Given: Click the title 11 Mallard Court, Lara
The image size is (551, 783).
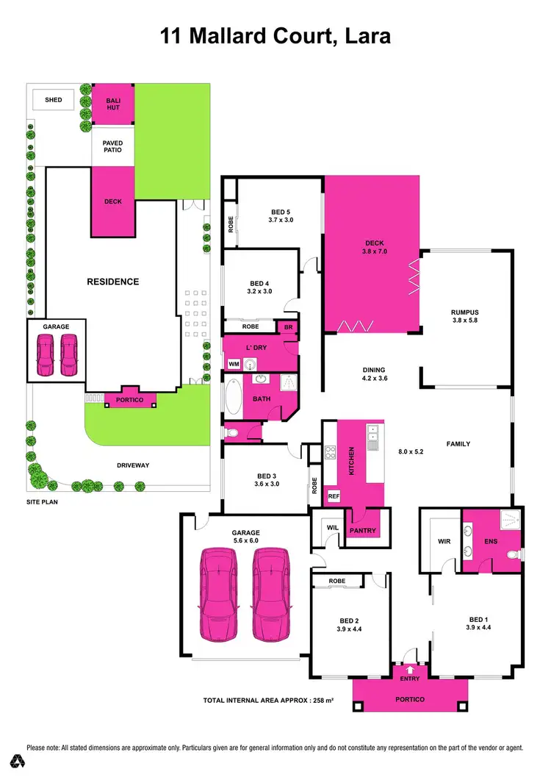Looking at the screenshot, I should pos(275,36).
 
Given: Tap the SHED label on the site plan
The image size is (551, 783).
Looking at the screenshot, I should pos(54,100).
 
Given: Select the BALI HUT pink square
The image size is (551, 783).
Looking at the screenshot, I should pos(112,104).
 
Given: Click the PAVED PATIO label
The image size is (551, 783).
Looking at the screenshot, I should pos(112,146).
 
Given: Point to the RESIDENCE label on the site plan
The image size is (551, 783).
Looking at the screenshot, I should pos(113,282).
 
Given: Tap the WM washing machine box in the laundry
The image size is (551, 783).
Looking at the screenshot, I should pos(234,364).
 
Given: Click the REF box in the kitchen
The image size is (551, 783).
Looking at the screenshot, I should pos(333,496).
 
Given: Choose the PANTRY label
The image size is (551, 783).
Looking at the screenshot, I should pos(363,531).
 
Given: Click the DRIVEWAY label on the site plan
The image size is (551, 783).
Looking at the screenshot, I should pos(132,465).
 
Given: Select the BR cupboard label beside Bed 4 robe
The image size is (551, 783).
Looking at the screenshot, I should pos(287,326).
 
